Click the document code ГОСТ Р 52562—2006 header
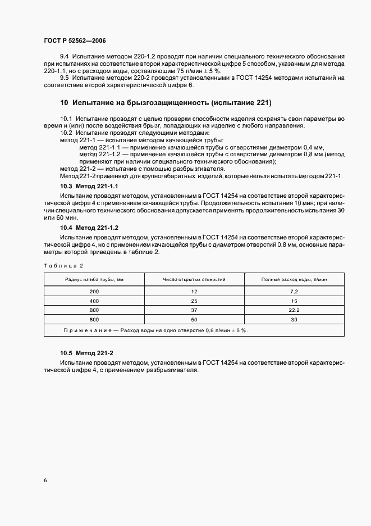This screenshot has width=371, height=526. (x=75, y=41)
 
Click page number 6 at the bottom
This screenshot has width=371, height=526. (x=45, y=481)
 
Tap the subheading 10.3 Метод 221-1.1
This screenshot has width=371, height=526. (x=89, y=185)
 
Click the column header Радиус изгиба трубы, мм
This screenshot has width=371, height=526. (x=94, y=279)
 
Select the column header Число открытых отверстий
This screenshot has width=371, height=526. (x=194, y=279)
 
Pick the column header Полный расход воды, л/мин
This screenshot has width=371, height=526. (x=294, y=279)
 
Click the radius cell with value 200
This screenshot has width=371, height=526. (x=94, y=292)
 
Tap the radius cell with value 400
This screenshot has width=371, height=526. (x=94, y=301)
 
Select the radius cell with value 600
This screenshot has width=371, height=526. (x=94, y=310)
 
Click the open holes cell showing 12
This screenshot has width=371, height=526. (x=194, y=292)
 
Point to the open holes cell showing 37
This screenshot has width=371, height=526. (x=194, y=310)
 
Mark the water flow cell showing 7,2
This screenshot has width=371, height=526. (x=294, y=292)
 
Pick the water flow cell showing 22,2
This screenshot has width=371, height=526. (x=294, y=310)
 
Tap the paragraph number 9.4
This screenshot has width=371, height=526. (x=65, y=57)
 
